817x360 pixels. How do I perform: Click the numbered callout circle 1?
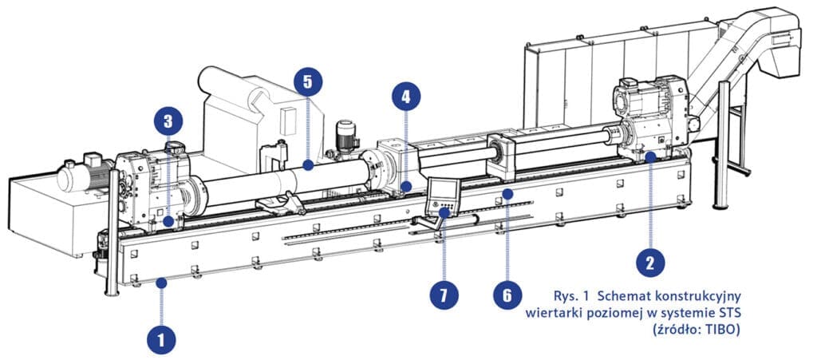(162, 339)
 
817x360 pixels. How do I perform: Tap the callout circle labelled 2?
(651, 260)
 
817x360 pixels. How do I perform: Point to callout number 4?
(406, 97)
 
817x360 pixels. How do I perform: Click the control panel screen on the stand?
(443, 192)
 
